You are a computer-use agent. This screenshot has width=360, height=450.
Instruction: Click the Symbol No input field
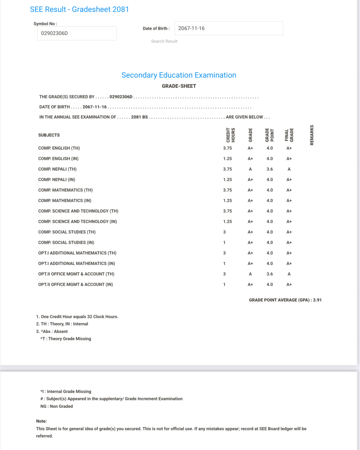pos(77,33)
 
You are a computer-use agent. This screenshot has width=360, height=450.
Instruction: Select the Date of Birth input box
pos(228,28)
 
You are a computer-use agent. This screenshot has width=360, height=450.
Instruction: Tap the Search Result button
pos(164,41)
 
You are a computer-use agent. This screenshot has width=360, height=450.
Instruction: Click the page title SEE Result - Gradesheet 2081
pos(79,9)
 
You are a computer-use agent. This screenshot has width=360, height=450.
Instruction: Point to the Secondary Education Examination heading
pos(179,75)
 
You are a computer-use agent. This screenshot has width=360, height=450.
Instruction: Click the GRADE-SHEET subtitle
pos(179,86)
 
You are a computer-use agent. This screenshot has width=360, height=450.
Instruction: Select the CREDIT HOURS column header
pos(230,135)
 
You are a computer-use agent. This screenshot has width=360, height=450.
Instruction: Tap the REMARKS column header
pos(312,135)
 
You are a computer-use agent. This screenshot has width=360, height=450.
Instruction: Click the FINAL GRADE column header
pos(289,135)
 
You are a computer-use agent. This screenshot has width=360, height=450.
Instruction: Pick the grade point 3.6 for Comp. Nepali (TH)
pos(270,169)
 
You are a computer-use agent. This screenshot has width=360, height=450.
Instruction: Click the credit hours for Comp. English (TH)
pos(227,148)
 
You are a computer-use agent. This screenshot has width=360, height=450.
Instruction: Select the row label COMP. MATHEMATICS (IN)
pos(65,201)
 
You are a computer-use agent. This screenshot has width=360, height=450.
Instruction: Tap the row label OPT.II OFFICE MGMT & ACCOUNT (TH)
pos(76,274)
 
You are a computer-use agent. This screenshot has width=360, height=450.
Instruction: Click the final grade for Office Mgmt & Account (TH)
pos(289,274)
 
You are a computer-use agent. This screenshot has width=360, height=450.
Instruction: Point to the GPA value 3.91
pos(317,300)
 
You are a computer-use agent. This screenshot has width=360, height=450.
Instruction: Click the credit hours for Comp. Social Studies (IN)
pos(224,243)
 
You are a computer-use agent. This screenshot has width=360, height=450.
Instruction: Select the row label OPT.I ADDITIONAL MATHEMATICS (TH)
pos(77,253)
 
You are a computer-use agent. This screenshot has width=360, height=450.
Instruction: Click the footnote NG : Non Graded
pos(57,406)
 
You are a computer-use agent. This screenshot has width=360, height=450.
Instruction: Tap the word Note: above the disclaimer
pos(41,421)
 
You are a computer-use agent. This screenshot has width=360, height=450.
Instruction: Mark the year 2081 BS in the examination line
pos(139,117)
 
